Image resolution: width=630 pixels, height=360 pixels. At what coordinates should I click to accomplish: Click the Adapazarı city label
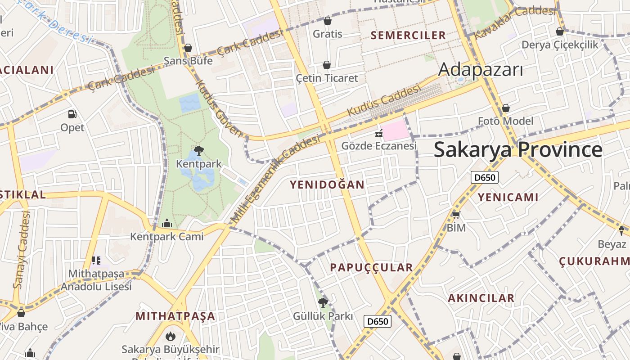481,70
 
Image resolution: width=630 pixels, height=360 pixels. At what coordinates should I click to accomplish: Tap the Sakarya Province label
518,150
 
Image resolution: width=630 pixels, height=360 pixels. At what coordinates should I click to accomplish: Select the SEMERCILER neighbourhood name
408,35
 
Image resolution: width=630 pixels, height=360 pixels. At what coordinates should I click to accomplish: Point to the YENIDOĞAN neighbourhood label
327,184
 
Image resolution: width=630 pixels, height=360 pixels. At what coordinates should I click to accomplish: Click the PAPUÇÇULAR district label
371,267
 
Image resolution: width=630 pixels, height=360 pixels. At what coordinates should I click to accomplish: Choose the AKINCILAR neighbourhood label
481,298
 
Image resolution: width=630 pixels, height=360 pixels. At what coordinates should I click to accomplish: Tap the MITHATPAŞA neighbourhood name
175,316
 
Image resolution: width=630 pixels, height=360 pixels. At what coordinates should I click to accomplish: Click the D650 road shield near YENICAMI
485,177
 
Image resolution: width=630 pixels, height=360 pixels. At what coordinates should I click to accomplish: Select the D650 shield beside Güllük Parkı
377,321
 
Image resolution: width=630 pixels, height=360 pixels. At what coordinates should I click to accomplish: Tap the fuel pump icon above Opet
72,114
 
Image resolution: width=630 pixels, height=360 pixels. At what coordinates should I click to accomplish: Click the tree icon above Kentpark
198,151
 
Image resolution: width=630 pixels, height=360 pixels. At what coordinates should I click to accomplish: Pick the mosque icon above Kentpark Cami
167,223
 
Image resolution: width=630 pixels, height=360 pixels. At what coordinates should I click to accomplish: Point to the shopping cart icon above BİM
456,214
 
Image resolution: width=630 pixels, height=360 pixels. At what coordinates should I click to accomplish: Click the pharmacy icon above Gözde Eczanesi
378,133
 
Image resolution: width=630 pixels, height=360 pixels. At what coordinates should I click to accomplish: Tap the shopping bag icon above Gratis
328,21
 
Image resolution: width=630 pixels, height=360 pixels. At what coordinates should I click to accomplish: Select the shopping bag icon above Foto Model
506,108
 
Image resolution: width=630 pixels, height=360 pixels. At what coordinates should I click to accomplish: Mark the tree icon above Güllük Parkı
323,303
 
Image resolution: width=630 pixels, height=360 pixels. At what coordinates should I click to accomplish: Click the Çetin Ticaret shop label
327,78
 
